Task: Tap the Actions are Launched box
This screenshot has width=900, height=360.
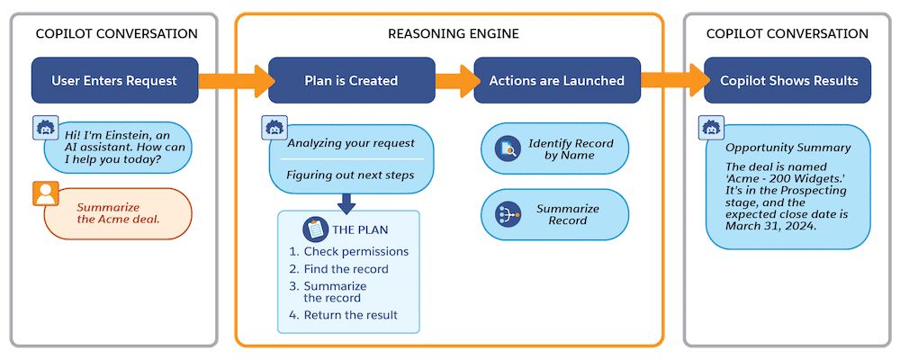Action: (x=556, y=80)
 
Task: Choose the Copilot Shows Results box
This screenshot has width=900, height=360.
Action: (x=788, y=80)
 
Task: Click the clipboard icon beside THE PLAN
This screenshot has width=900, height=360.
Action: (x=314, y=229)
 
